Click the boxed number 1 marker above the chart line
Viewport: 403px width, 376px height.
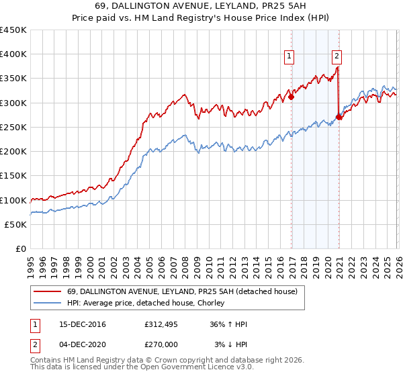[289, 57]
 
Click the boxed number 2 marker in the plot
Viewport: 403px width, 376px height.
[337, 57]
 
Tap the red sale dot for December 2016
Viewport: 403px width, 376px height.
[292, 97]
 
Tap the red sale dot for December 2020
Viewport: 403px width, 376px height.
[339, 117]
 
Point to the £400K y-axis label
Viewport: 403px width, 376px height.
[13, 54]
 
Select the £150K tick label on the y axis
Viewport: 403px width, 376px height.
[13, 176]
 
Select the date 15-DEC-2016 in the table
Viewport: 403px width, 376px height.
[77, 324]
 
